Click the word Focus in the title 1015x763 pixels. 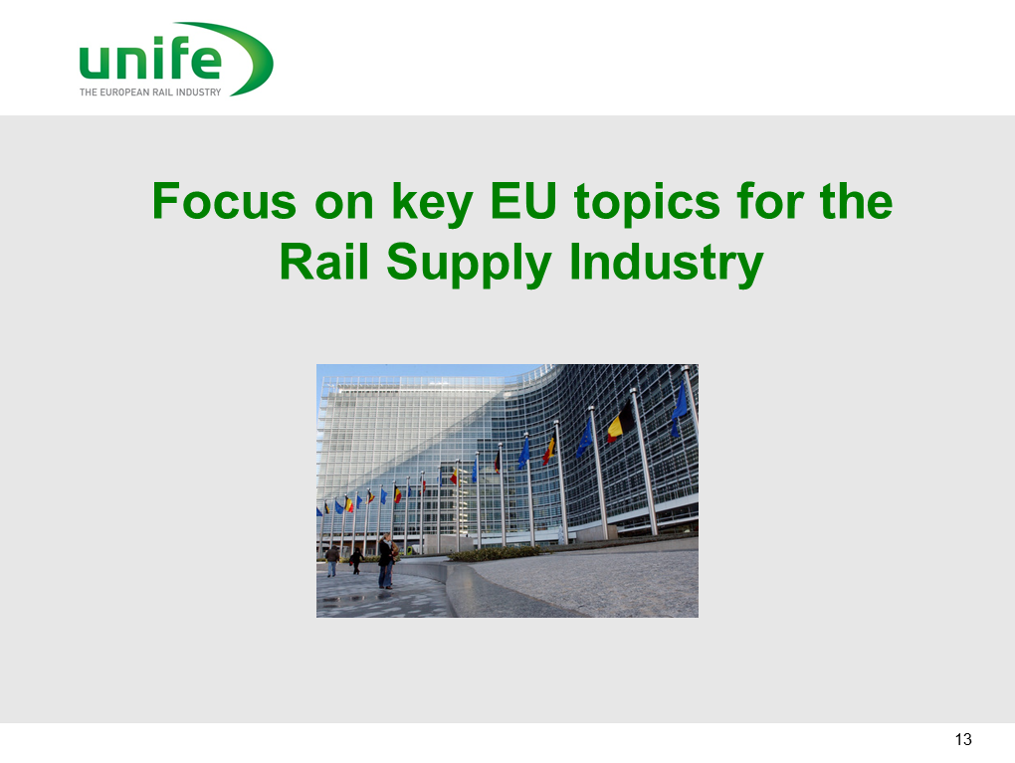click(x=225, y=201)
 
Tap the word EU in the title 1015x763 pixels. click(x=523, y=201)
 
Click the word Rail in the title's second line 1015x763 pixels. click(x=323, y=262)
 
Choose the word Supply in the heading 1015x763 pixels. click(x=469, y=264)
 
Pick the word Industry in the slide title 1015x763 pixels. click(x=667, y=264)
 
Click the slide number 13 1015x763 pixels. click(x=963, y=739)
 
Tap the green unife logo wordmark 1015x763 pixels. click(x=150, y=59)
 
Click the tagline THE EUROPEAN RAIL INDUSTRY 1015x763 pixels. click(x=150, y=92)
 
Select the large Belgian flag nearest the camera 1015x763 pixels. click(x=621, y=423)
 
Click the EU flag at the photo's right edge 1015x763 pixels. click(x=679, y=408)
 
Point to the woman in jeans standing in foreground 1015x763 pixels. click(x=385, y=561)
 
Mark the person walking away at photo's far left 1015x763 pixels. click(x=332, y=560)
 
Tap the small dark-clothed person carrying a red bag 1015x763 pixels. click(x=356, y=561)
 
